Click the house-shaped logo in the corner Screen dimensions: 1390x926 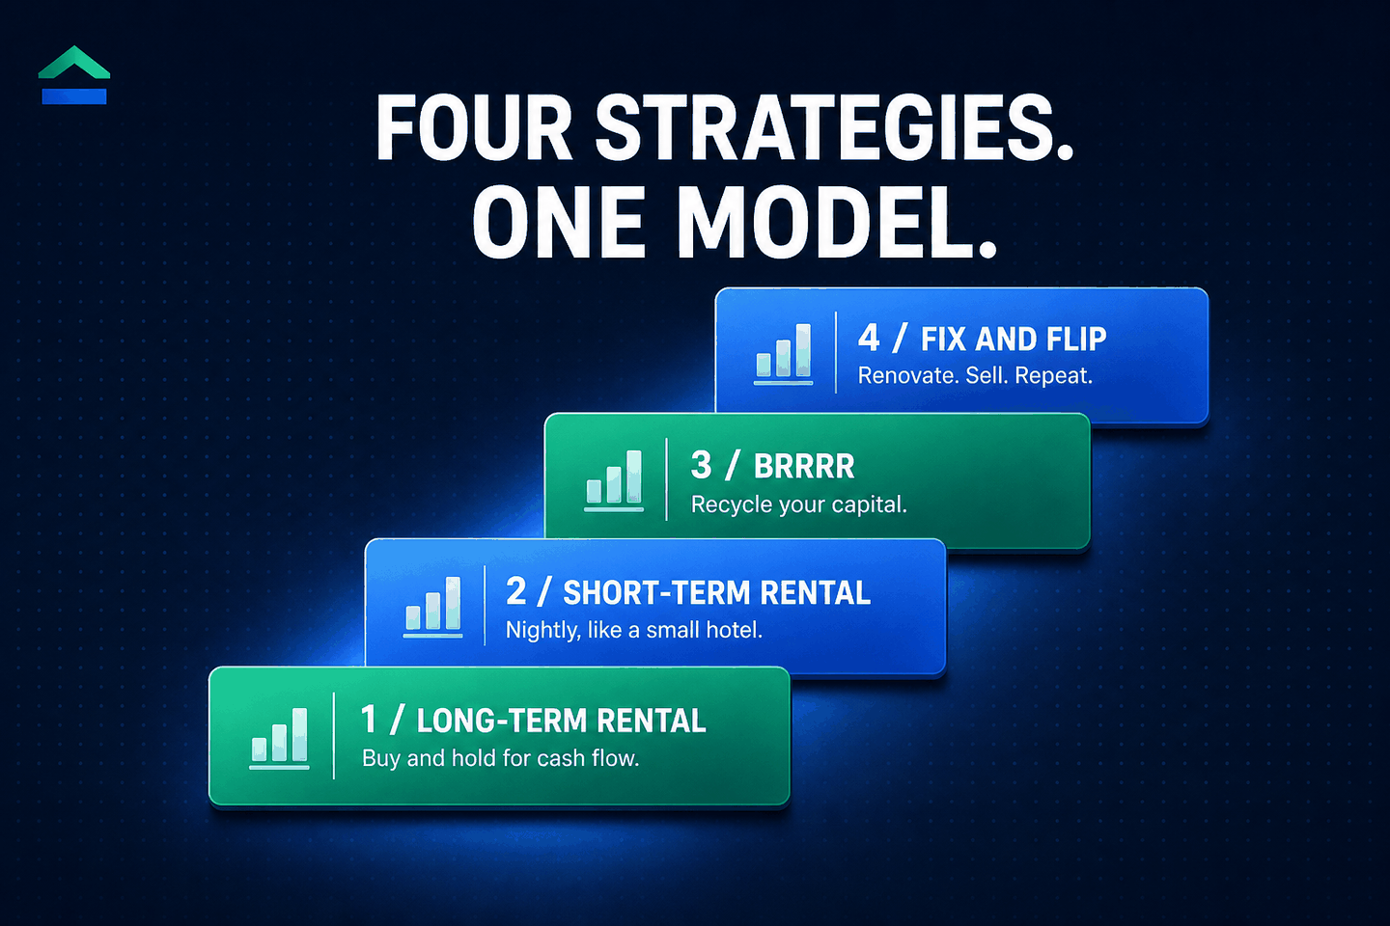point(74,75)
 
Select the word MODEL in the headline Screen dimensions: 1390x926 point(837,222)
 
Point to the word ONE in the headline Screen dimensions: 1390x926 point(559,222)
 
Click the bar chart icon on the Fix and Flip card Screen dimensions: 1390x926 point(783,354)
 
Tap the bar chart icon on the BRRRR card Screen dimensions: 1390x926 point(614,480)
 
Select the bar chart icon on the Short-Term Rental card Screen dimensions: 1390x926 point(432,607)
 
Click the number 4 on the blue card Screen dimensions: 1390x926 point(869,339)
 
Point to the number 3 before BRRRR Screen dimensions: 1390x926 point(701,465)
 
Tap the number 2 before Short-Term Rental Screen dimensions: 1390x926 point(516,591)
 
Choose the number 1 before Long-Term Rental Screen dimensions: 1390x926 point(369,720)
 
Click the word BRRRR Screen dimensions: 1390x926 point(804,467)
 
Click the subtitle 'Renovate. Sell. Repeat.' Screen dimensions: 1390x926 point(975,376)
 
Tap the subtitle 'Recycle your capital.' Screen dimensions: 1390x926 point(799,504)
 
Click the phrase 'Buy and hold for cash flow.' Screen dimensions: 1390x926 point(501,758)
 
